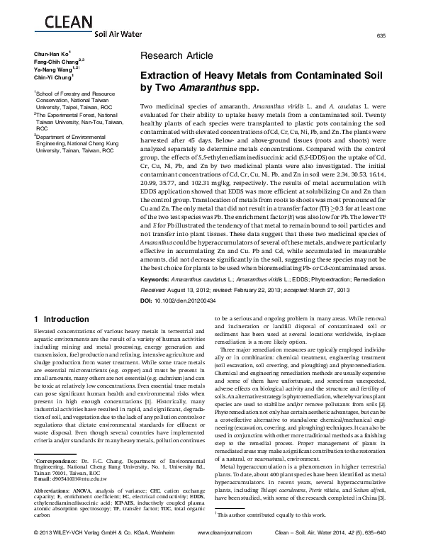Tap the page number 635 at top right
pyautogui.click(x=400, y=36)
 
